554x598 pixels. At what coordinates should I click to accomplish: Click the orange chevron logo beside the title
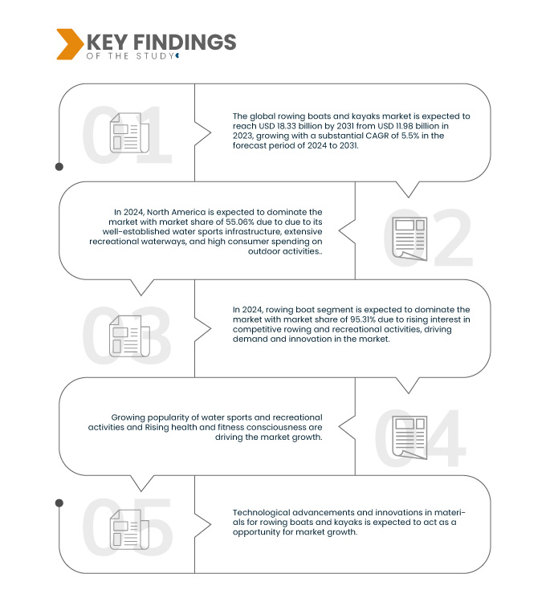tap(70, 44)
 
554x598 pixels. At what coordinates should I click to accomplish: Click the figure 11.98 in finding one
tap(422, 127)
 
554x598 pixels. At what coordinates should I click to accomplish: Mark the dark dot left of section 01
tap(59, 167)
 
